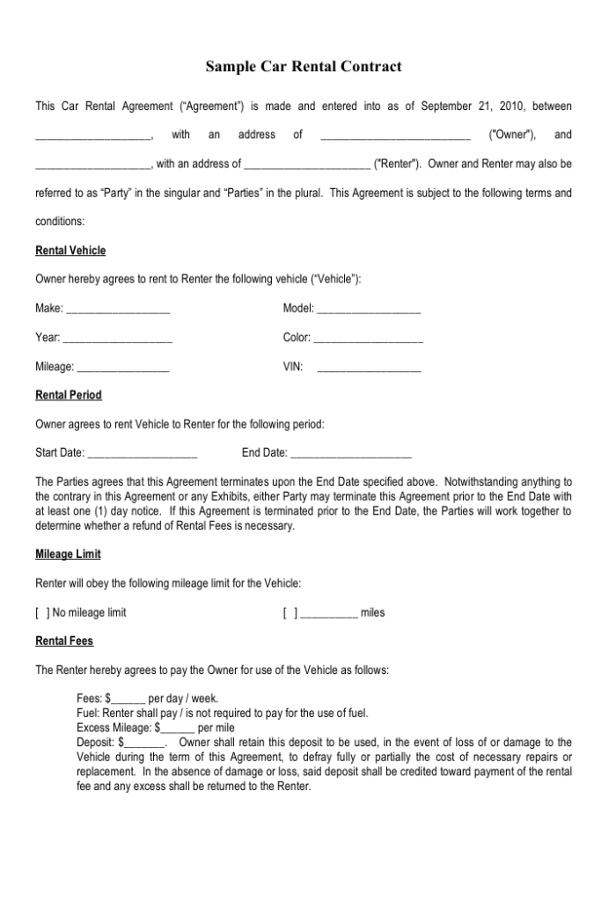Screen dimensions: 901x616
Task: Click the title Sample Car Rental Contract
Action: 304,66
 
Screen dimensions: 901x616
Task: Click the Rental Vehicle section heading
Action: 70,251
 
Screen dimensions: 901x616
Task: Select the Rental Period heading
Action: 69,395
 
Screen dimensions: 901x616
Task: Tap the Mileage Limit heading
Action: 68,553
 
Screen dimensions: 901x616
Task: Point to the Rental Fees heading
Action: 64,641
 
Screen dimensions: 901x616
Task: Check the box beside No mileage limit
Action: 42,612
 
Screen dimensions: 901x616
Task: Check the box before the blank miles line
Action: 290,612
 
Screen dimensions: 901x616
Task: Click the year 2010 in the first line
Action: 511,106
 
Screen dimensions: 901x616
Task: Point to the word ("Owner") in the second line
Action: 513,135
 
